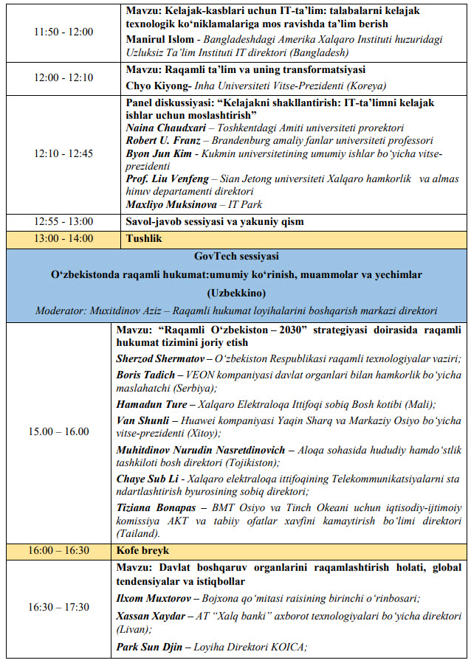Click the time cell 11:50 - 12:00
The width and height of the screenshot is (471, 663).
63,32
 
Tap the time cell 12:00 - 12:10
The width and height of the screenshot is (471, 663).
63,77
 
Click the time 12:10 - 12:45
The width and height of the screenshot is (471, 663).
63,154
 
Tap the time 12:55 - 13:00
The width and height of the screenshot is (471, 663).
63,221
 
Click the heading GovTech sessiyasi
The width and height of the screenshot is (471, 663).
236,256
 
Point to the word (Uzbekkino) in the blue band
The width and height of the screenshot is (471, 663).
236,292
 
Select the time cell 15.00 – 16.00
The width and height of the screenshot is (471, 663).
63,431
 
